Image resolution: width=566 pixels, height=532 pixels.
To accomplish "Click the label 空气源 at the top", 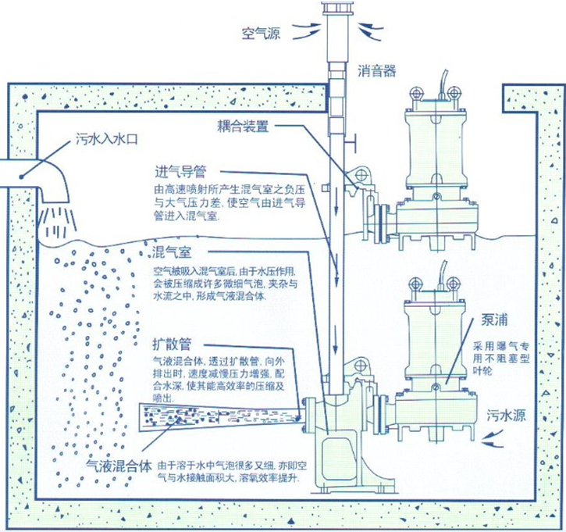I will tap(262, 34).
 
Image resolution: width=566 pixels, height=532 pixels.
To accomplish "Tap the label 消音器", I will tap(377, 71).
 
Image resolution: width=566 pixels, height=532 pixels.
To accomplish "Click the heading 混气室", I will tap(170, 252).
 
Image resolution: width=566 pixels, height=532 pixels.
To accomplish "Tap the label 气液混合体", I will tap(118, 466).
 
